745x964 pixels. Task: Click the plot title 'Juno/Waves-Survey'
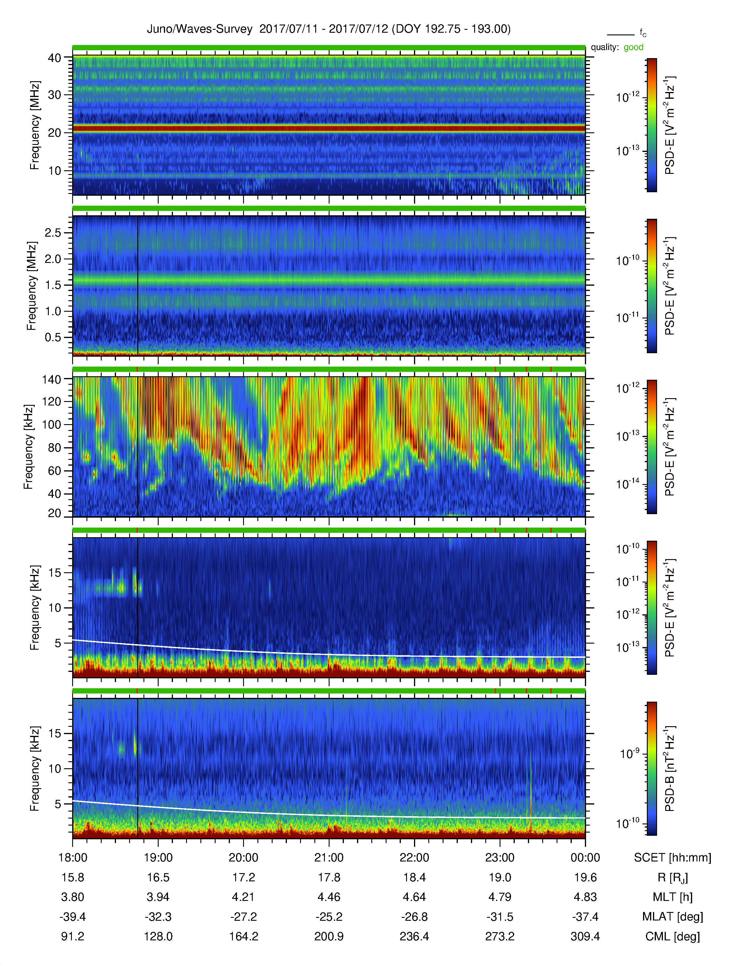pyautogui.click(x=200, y=29)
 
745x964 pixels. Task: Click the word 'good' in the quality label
pyautogui.click(x=633, y=47)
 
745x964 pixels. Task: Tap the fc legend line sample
pyautogui.click(x=621, y=34)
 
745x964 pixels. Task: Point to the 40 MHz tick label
pyautogui.click(x=54, y=58)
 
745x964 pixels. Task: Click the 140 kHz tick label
pyautogui.click(x=51, y=379)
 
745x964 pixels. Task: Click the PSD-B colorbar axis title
pyautogui.click(x=670, y=769)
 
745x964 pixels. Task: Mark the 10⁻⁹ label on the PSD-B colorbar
pyautogui.click(x=630, y=753)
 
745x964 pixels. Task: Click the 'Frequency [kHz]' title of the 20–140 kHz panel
pyautogui.click(x=29, y=447)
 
